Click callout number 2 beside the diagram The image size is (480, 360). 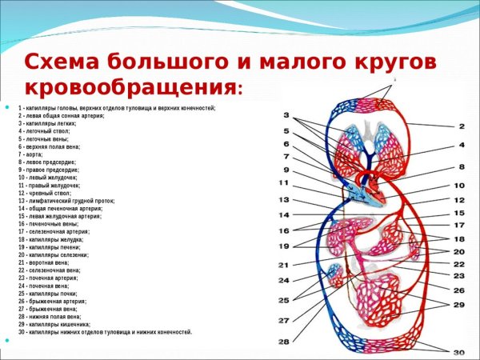461,126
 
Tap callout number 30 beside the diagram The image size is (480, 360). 458,353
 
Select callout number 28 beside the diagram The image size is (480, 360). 283,342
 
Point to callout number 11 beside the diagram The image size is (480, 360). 283,183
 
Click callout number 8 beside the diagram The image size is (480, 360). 461,167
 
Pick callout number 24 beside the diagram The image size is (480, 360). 283,281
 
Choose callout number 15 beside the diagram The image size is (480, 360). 459,214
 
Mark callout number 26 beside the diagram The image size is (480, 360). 459,290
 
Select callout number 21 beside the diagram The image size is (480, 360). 283,265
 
